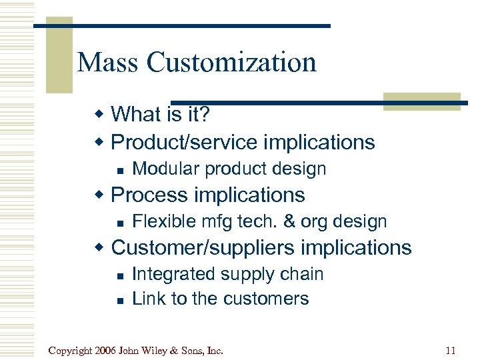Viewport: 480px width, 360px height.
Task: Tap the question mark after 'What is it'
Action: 205,114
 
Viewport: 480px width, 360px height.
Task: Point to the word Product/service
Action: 183,142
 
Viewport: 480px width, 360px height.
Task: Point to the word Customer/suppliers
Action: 203,247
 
